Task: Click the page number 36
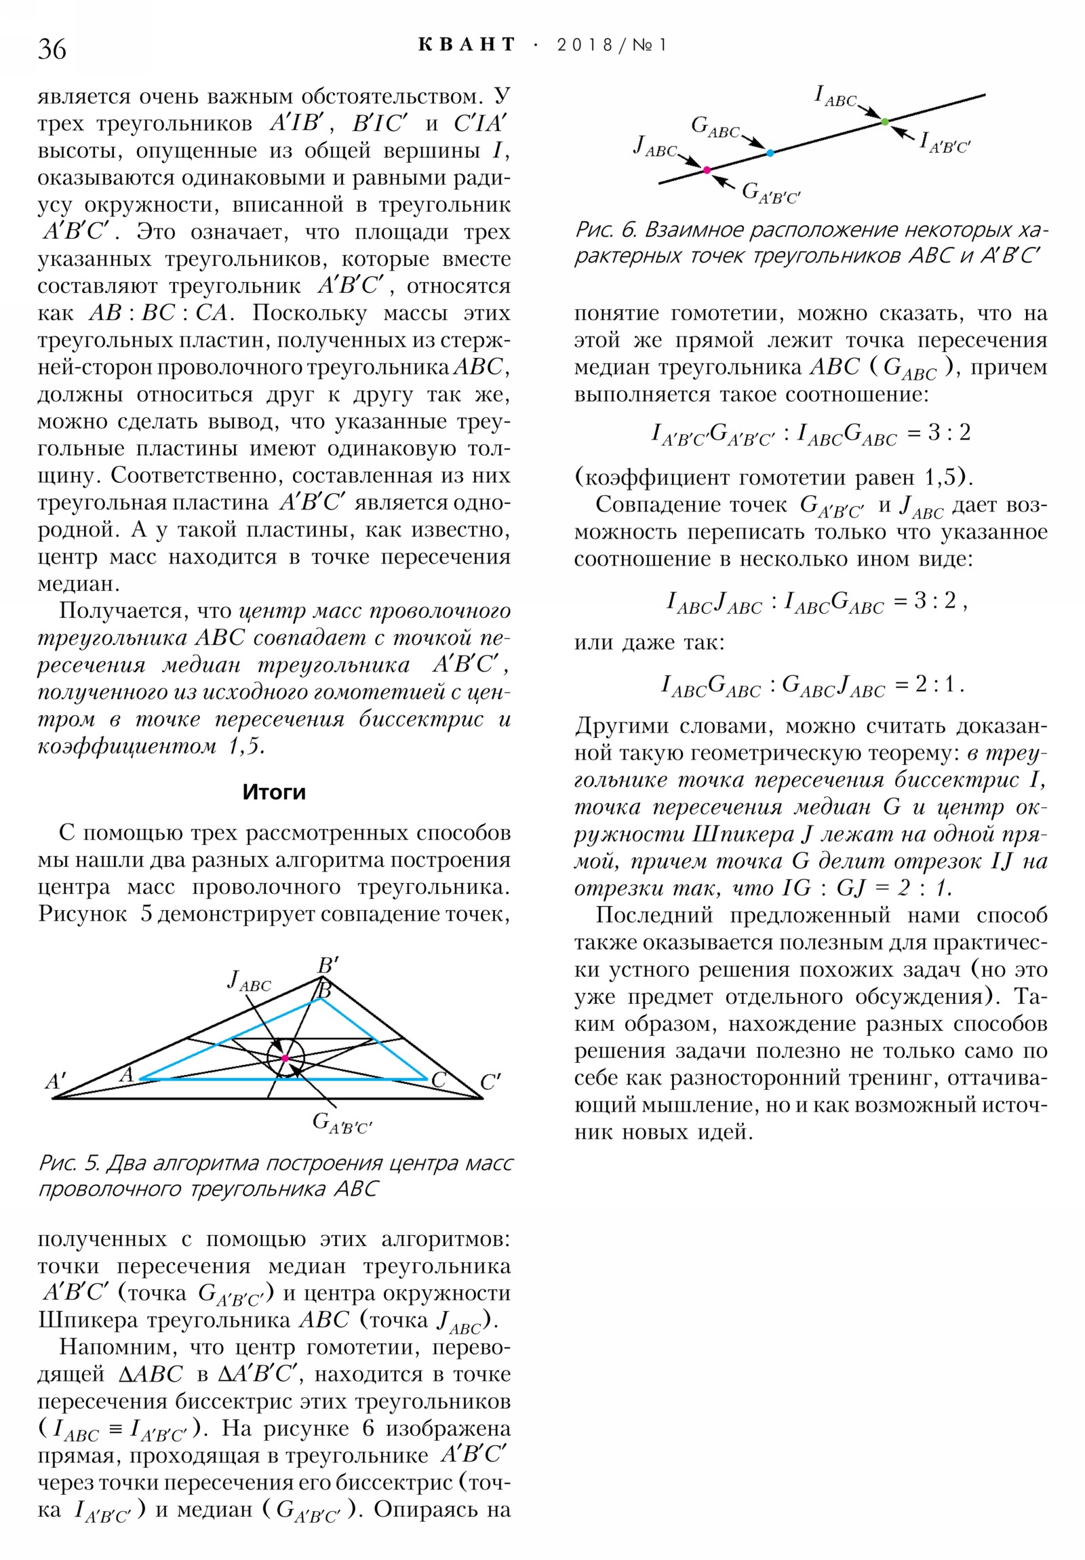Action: click(52, 50)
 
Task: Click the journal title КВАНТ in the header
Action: click(467, 45)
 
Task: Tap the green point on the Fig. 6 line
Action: click(884, 121)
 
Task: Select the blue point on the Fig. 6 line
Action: click(770, 153)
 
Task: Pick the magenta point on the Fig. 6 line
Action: click(707, 170)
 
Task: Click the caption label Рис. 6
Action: click(604, 230)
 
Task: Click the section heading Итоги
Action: click(274, 792)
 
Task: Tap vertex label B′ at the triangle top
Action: click(328, 965)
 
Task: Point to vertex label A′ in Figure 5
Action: click(55, 1082)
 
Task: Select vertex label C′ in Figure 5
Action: click(490, 1083)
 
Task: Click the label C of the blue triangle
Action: click(439, 1079)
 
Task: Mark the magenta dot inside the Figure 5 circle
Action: click(285, 1059)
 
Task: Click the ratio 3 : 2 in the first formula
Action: click(949, 432)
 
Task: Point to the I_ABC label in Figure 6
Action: click(835, 96)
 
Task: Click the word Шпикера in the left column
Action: click(89, 1320)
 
